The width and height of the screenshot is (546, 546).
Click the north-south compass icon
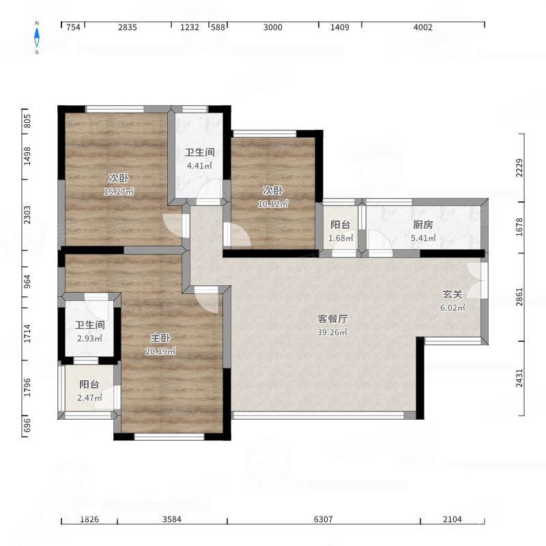point(37,38)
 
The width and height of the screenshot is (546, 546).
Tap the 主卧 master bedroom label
point(160,338)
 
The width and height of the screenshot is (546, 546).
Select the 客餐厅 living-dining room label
point(332,319)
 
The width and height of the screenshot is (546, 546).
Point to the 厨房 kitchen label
point(423,225)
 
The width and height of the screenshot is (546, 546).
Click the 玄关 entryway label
point(452,294)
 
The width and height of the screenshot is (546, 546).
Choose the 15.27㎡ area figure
point(119,191)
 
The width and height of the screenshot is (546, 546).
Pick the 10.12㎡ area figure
point(273,203)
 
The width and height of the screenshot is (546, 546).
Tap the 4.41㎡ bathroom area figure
point(199,165)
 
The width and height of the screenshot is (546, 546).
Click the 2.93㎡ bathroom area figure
point(90,338)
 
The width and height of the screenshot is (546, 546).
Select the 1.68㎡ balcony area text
point(341,238)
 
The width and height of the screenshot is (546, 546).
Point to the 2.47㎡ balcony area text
point(89,397)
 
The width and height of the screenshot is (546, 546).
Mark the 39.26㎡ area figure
point(332,332)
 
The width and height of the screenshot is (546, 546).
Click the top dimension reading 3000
point(272,27)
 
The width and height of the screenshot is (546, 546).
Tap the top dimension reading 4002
point(422,27)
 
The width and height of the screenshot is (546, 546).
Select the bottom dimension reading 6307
point(324,519)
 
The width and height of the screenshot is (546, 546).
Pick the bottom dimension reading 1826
point(89,519)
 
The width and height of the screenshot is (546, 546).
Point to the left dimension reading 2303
point(27,215)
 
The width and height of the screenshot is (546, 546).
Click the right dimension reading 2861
point(519,297)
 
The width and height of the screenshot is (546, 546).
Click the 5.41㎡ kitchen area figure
point(423,238)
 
